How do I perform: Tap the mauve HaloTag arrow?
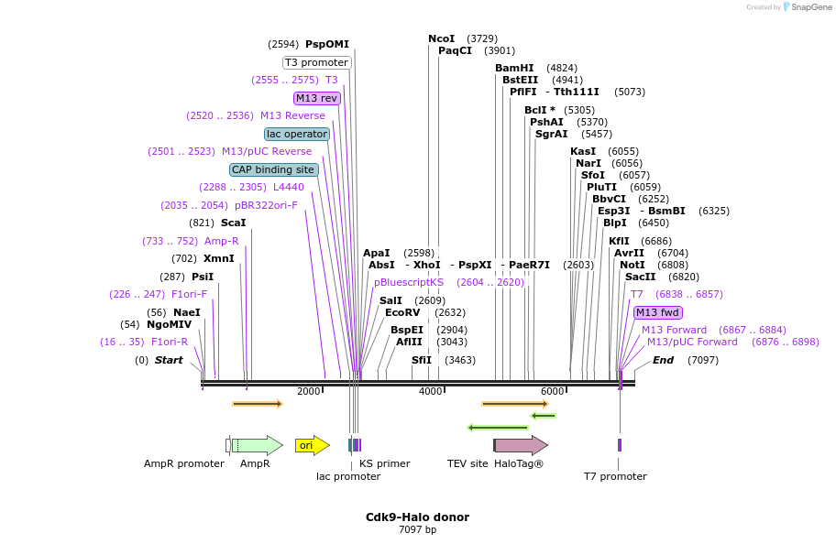click(x=521, y=445)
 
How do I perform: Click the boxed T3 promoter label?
click(x=316, y=62)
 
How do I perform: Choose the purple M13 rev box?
click(x=316, y=98)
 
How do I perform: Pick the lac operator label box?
click(x=297, y=134)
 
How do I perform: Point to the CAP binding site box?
click(x=273, y=169)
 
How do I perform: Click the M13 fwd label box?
click(x=657, y=312)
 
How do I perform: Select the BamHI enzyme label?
click(x=514, y=68)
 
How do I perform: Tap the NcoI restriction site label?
click(x=441, y=38)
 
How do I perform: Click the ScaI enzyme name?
click(x=233, y=223)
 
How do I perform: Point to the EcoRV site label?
click(x=402, y=312)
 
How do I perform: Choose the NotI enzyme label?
click(x=632, y=265)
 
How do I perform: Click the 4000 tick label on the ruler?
click(x=430, y=392)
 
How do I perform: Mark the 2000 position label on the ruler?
click(x=308, y=392)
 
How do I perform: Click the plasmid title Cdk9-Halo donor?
click(x=417, y=517)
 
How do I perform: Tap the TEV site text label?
click(x=467, y=463)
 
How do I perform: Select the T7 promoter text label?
click(x=615, y=476)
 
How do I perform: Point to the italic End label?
click(x=663, y=360)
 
